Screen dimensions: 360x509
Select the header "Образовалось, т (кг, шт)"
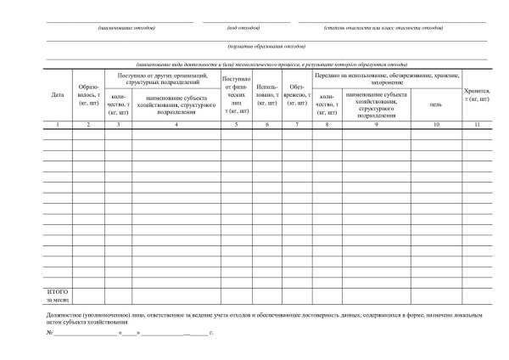click(x=88, y=94)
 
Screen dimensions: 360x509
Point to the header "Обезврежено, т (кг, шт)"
click(x=297, y=94)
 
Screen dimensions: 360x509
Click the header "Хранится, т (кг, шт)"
click(x=477, y=94)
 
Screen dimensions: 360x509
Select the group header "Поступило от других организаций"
click(x=163, y=79)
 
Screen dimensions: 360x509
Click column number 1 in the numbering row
click(x=58, y=125)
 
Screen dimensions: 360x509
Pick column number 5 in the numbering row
click(x=237, y=125)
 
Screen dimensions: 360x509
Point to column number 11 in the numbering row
click(x=477, y=125)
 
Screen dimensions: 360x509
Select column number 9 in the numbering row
click(x=376, y=125)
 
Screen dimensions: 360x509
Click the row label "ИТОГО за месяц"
click(x=57, y=295)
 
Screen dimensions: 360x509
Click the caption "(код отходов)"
click(x=243, y=27)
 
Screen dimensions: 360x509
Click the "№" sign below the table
click(x=49, y=333)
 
